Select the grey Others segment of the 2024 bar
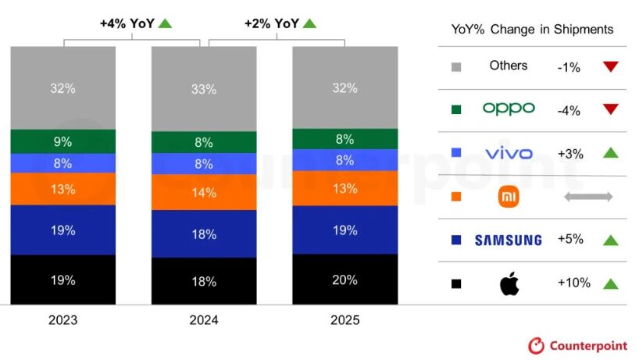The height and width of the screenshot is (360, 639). pyautogui.click(x=204, y=89)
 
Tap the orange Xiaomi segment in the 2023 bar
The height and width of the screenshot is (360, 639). pyautogui.click(x=63, y=189)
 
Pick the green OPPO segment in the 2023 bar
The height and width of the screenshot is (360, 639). pyautogui.click(x=63, y=141)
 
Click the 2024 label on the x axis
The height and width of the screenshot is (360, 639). pyautogui.click(x=204, y=320)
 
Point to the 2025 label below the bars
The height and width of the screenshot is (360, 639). pyautogui.click(x=344, y=320)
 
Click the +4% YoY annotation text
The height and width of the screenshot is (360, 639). pyautogui.click(x=126, y=23)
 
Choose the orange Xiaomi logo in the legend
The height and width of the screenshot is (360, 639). pyautogui.click(x=509, y=198)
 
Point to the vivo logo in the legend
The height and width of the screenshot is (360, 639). pyautogui.click(x=509, y=153)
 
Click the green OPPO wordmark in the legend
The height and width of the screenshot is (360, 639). pyautogui.click(x=509, y=109)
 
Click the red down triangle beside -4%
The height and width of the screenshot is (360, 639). pyautogui.click(x=610, y=109)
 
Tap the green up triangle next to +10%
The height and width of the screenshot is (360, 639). pyautogui.click(x=610, y=283)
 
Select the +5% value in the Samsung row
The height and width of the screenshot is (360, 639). pyautogui.click(x=569, y=240)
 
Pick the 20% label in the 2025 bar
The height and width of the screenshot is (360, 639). pyautogui.click(x=344, y=280)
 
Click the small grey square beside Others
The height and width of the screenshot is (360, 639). pyautogui.click(x=456, y=67)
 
